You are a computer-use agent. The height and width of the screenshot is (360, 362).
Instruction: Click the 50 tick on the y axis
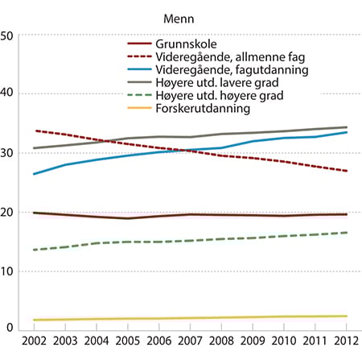coord(7,35)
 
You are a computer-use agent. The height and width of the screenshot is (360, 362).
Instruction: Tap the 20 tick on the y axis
coord(7,212)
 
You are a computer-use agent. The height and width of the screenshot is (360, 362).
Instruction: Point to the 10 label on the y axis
coord(7,271)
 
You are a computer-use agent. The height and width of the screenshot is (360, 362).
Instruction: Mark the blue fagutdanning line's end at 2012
coord(347,132)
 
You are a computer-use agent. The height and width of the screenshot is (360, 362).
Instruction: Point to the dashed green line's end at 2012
coord(347,233)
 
